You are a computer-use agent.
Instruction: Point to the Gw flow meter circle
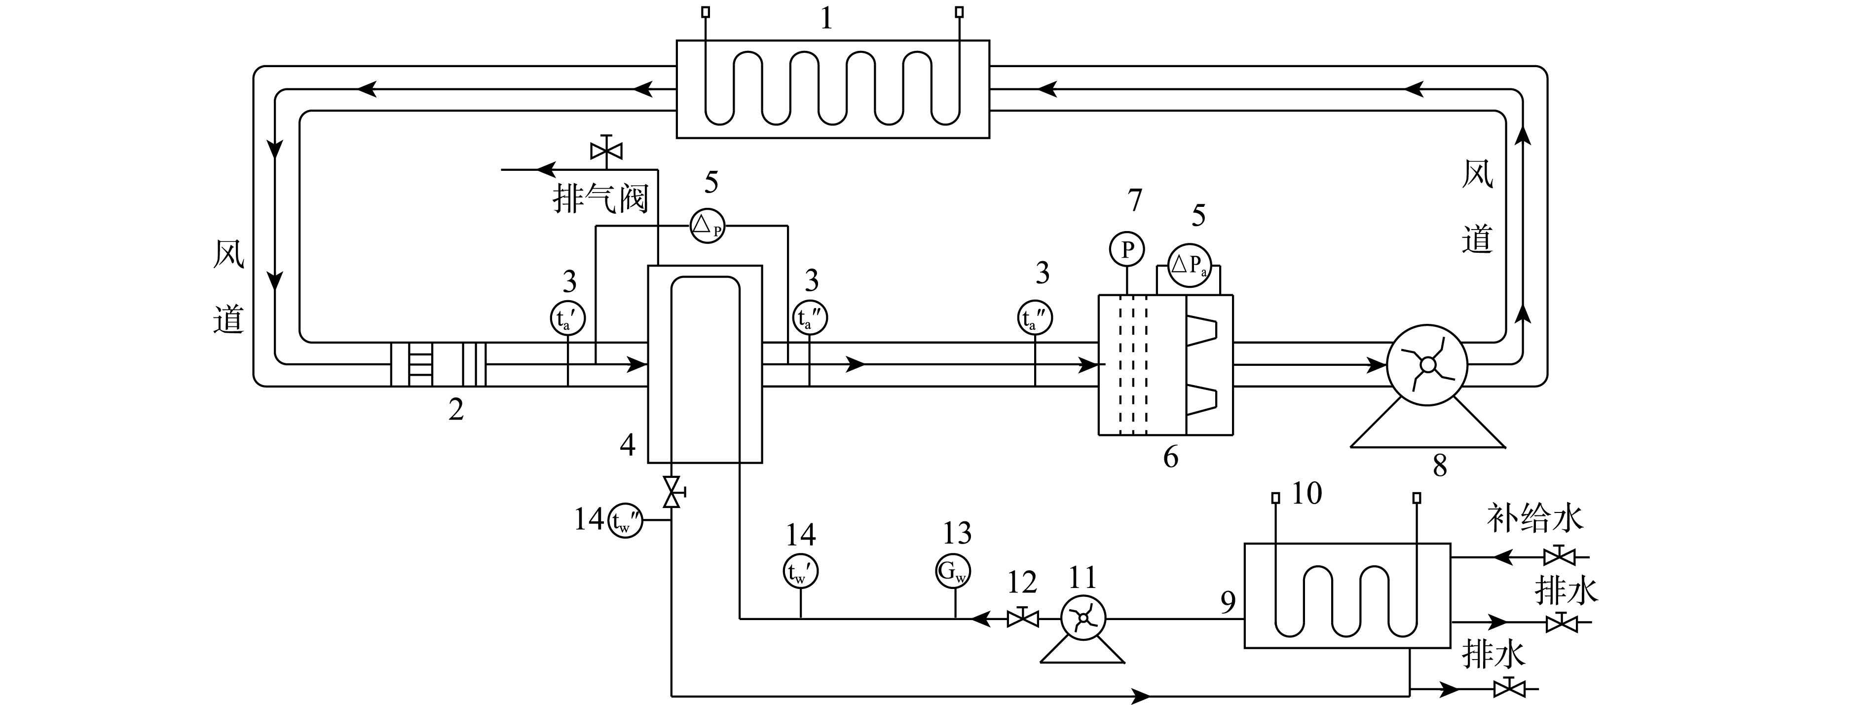953,571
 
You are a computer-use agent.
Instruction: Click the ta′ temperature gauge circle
567,317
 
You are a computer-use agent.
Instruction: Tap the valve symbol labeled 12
1022,618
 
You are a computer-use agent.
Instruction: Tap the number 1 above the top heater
826,18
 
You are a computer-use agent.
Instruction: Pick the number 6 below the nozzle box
1171,457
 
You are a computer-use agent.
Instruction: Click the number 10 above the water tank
1307,493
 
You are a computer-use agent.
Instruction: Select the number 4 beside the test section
628,445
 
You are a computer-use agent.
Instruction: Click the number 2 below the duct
456,409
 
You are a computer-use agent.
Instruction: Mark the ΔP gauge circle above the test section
708,225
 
